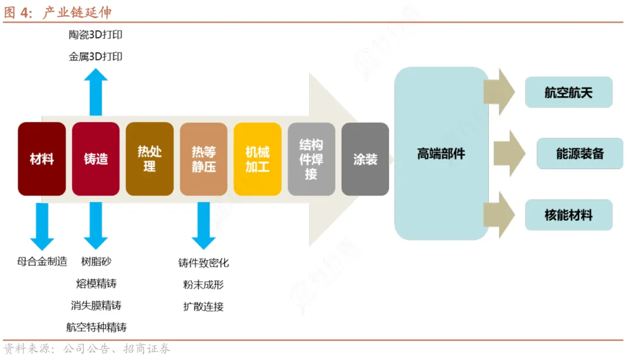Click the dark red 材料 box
point(41,159)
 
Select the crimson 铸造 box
point(96,159)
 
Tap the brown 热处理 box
point(149,159)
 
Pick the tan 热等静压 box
point(204,159)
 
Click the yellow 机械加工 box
point(257,159)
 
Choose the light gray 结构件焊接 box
point(311,159)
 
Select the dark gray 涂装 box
point(365,159)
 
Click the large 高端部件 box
point(441,153)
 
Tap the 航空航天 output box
point(569,92)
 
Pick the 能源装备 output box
point(580,153)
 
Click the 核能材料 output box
point(569,215)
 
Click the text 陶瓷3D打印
point(96,35)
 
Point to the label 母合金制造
point(42,261)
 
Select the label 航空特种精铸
point(96,327)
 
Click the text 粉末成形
point(203,285)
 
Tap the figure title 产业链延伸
point(77,12)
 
